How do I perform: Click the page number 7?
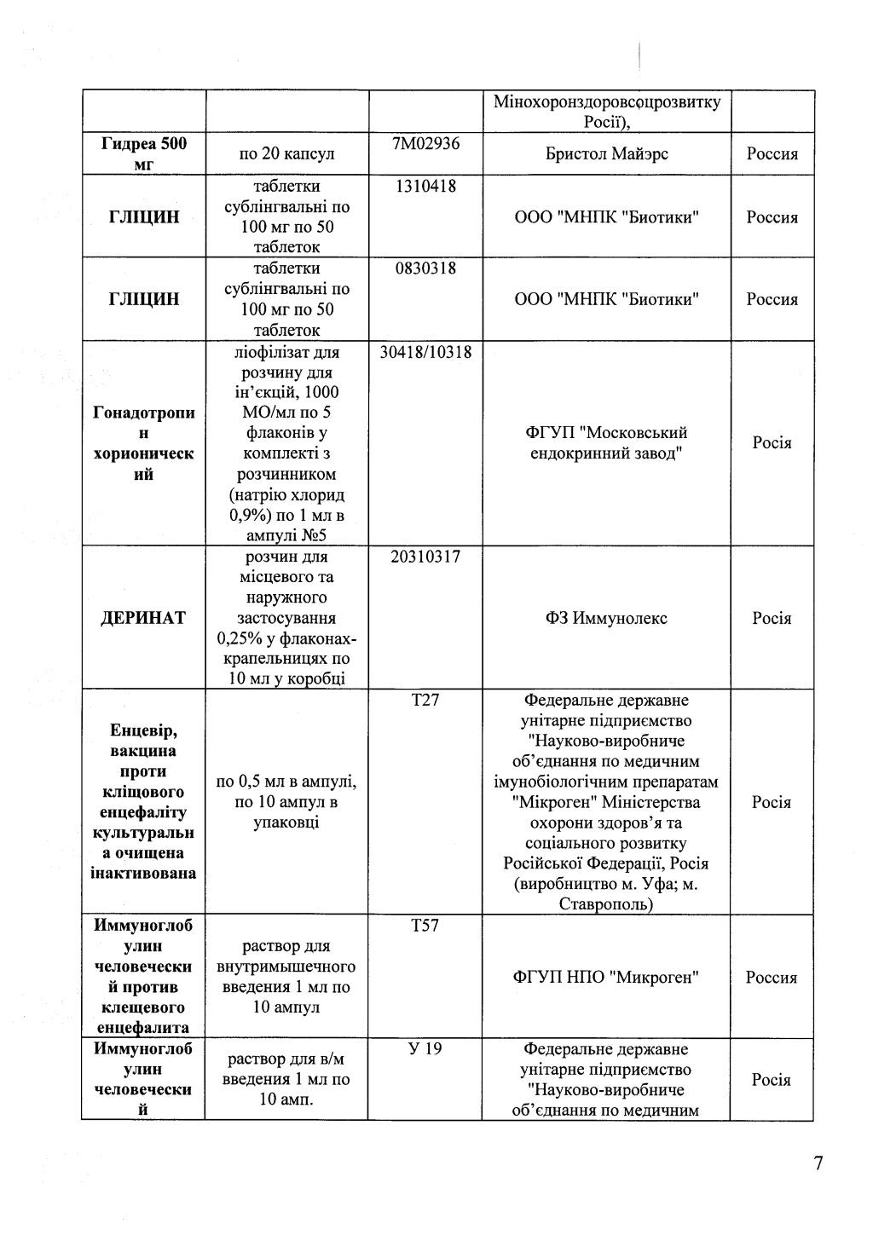(x=818, y=1163)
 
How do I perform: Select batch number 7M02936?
(x=425, y=143)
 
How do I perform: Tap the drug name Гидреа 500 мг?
(x=143, y=153)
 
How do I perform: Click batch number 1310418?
(x=425, y=186)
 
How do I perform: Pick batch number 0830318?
(x=425, y=268)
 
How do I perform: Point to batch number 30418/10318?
(x=425, y=352)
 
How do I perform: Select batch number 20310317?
(x=425, y=557)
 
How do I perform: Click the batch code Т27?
(x=425, y=700)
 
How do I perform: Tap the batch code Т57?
(x=425, y=926)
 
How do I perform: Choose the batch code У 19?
(x=425, y=1048)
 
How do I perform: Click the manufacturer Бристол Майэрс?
(x=606, y=153)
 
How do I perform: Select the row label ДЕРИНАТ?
(x=143, y=618)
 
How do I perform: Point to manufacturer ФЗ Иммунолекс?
(x=606, y=618)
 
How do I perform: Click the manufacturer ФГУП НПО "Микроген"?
(x=606, y=977)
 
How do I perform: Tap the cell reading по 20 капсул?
(x=286, y=153)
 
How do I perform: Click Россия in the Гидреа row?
(x=772, y=153)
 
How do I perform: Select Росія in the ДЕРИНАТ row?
(x=772, y=618)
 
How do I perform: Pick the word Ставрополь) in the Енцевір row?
(x=606, y=904)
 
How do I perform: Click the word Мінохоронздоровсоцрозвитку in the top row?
(x=606, y=102)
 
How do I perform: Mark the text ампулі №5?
(x=286, y=535)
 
